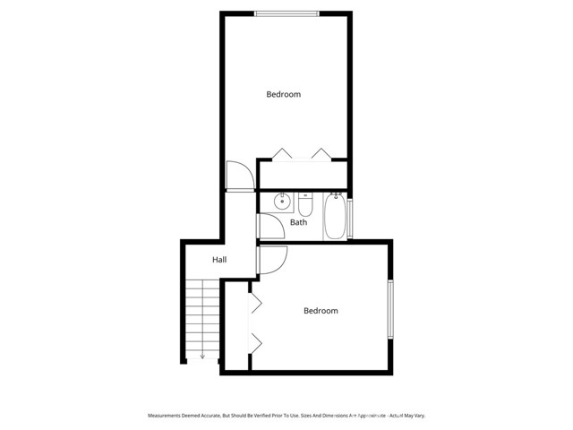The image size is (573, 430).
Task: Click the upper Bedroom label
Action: click(x=284, y=94)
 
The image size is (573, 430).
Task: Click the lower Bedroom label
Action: click(x=321, y=311)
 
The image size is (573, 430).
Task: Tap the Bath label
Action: click(x=298, y=222)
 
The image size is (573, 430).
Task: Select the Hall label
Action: click(x=219, y=260)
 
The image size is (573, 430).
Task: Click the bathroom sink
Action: click(x=279, y=201)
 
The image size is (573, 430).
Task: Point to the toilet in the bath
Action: click(x=304, y=201)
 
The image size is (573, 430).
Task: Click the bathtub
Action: click(x=336, y=217)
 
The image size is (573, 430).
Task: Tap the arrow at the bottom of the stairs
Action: click(x=202, y=356)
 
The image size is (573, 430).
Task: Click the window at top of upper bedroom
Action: click(x=286, y=13)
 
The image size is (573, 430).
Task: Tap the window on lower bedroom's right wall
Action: click(x=389, y=310)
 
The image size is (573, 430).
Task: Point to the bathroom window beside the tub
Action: click(x=351, y=219)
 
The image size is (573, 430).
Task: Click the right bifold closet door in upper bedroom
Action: click(x=321, y=153)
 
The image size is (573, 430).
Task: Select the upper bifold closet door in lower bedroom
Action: click(x=255, y=304)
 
